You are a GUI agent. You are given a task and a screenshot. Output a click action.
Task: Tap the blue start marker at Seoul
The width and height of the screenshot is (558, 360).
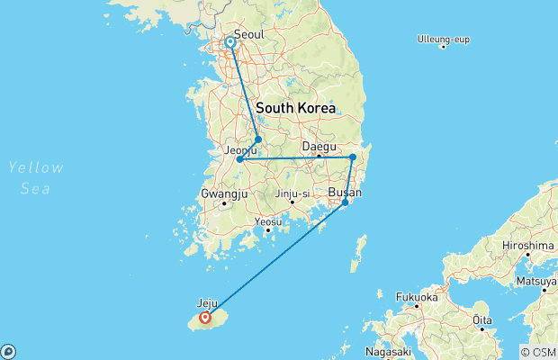point(230,42)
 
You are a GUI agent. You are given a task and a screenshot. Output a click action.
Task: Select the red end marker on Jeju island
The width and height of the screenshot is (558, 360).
point(205,317)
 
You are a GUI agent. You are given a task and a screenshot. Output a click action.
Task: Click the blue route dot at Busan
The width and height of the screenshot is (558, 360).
point(345,202)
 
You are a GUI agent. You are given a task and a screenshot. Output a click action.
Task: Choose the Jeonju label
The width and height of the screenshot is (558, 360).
point(240,150)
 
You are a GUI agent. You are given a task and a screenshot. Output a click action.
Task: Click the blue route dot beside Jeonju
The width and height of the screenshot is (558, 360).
point(239,159)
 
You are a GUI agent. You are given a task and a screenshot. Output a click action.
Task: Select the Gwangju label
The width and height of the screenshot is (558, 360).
point(223,193)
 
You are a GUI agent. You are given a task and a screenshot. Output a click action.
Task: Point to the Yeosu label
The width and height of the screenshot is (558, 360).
point(268,221)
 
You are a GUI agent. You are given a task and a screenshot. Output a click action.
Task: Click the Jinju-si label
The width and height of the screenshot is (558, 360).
point(292,192)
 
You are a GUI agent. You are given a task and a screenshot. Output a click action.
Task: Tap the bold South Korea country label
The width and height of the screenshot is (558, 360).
point(295,108)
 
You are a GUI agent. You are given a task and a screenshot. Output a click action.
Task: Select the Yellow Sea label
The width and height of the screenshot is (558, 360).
point(36,175)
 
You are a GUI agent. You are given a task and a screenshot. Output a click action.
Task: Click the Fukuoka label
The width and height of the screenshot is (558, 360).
point(417,296)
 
